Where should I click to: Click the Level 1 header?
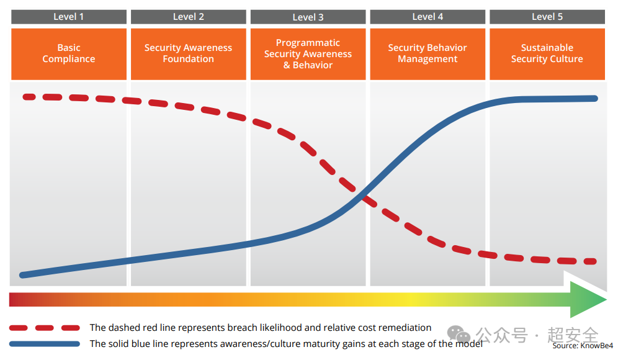click(x=69, y=17)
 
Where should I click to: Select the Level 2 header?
click(x=189, y=17)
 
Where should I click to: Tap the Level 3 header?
click(x=308, y=17)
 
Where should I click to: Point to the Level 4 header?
click(x=428, y=17)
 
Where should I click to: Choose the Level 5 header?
click(x=547, y=17)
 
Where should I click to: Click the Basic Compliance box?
click(x=69, y=54)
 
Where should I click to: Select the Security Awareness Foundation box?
click(x=189, y=54)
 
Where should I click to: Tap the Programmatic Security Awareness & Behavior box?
click(x=308, y=54)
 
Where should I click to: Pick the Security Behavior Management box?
click(x=428, y=54)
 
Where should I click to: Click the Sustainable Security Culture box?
click(x=547, y=54)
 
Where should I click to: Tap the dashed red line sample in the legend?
click(x=45, y=328)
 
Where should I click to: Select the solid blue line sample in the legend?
click(x=45, y=344)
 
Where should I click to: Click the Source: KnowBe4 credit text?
click(x=583, y=346)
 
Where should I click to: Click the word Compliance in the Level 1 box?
click(x=69, y=59)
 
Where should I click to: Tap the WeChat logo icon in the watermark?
click(x=459, y=335)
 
